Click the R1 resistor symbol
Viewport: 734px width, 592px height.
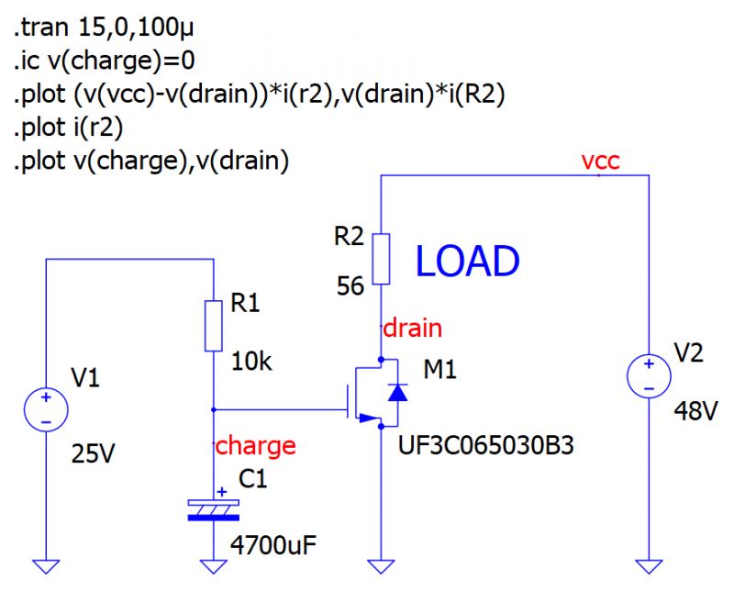click(x=213, y=325)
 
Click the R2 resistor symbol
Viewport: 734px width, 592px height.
click(x=381, y=258)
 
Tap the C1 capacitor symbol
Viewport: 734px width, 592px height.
click(x=213, y=509)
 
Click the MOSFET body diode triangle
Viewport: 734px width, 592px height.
click(x=396, y=393)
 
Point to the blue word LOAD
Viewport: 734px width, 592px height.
click(x=467, y=262)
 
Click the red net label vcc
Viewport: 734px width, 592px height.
click(x=600, y=162)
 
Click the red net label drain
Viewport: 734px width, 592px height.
click(x=412, y=327)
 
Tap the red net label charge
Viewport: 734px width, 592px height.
click(x=255, y=446)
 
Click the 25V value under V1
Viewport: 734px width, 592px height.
click(x=95, y=454)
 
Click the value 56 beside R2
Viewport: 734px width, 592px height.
click(x=350, y=286)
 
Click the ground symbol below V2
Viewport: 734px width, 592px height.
click(x=649, y=565)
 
